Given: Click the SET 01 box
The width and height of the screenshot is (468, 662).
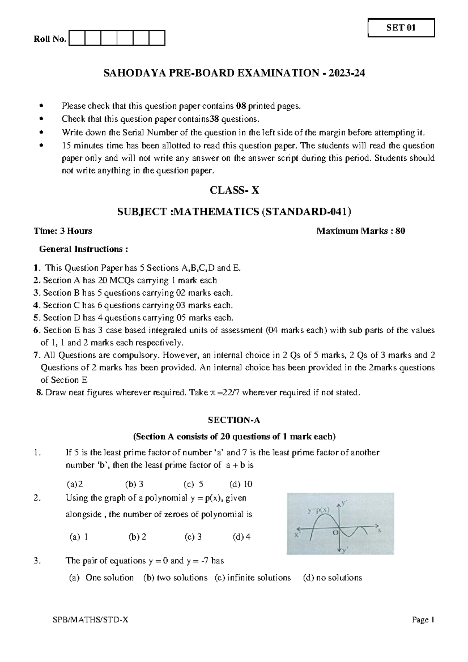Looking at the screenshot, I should pos(401,28).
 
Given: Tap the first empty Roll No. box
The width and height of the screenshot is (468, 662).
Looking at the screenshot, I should pos(76,39).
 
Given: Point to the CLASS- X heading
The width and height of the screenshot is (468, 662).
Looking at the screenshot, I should pos(234,190).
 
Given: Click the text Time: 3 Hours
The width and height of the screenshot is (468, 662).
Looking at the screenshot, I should pos(63,231).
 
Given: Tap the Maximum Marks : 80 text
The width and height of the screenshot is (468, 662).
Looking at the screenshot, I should pos(361,231).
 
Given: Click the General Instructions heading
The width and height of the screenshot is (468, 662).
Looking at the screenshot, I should pos(84,249).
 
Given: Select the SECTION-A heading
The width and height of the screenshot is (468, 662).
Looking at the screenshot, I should pos(234,420).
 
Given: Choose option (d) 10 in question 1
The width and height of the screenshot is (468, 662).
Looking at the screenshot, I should pos(241,484).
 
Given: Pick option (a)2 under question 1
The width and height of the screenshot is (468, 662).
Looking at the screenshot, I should pos(75,484).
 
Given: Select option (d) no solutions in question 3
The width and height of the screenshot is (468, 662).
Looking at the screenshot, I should pos(332,577).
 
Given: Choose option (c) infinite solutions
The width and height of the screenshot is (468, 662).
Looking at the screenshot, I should pos(253,577).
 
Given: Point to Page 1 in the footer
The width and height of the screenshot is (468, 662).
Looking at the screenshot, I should pos(423,620).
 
